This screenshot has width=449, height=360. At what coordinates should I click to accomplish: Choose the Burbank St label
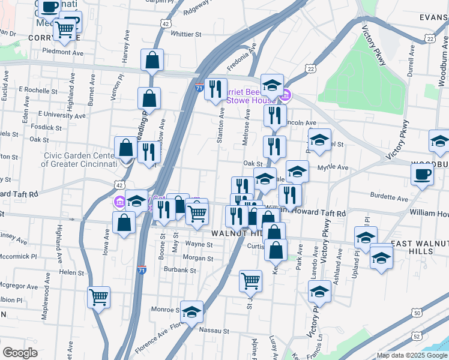point(179,270)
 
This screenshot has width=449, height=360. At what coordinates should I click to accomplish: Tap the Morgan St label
point(193,257)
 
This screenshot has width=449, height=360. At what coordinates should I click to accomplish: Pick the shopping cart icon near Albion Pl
point(98,295)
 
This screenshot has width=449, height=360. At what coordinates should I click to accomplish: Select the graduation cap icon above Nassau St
point(191,312)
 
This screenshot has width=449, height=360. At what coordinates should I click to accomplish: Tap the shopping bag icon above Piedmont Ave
point(152,59)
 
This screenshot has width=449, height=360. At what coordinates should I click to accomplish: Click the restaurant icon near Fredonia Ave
point(215,89)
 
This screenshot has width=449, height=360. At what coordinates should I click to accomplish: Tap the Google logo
point(20,353)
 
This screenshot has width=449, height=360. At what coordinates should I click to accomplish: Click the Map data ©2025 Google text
point(412,355)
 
